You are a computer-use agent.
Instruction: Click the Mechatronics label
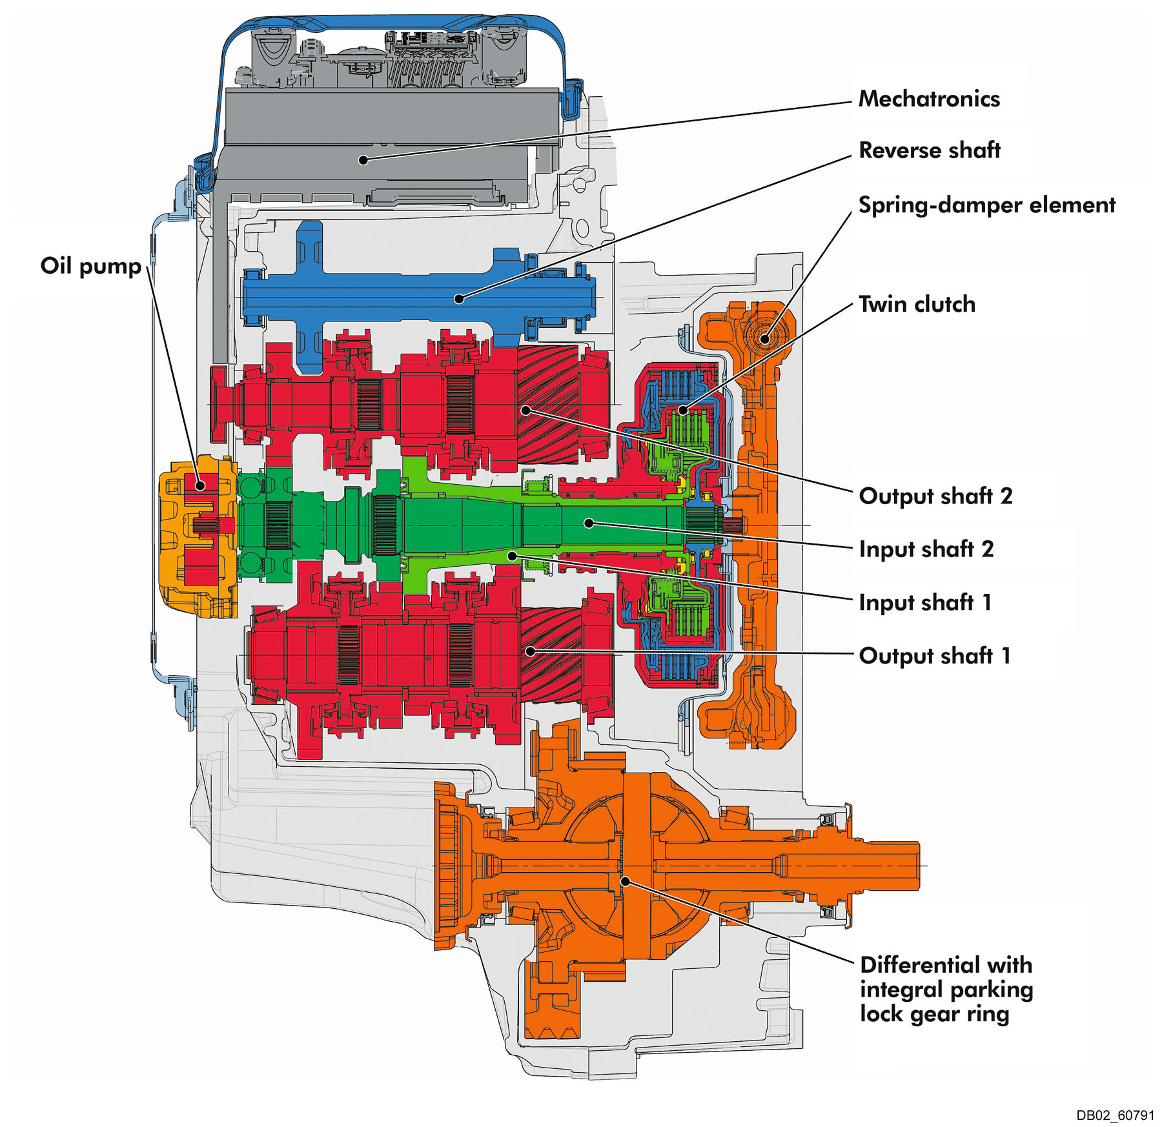928,99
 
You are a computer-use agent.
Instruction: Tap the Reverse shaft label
929,150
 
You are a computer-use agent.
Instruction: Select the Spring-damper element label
986,205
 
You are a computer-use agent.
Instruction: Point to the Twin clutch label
917,304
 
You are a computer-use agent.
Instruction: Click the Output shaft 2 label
935,496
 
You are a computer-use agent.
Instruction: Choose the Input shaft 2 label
926,549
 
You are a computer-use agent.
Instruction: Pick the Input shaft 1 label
925,602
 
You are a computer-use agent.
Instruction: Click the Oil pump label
90,266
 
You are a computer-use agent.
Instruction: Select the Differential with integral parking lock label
946,989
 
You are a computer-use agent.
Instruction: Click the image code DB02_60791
1115,1115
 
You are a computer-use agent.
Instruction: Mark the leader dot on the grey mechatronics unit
363,159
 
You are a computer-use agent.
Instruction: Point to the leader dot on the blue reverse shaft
459,298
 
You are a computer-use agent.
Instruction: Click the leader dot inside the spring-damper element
765,339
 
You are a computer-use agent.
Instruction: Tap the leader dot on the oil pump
201,485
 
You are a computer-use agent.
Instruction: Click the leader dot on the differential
625,881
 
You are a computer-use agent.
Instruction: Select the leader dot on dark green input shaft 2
589,523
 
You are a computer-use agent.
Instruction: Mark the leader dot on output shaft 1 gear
530,651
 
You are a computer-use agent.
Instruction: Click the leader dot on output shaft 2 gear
526,410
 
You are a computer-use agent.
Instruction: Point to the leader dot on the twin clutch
683,410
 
